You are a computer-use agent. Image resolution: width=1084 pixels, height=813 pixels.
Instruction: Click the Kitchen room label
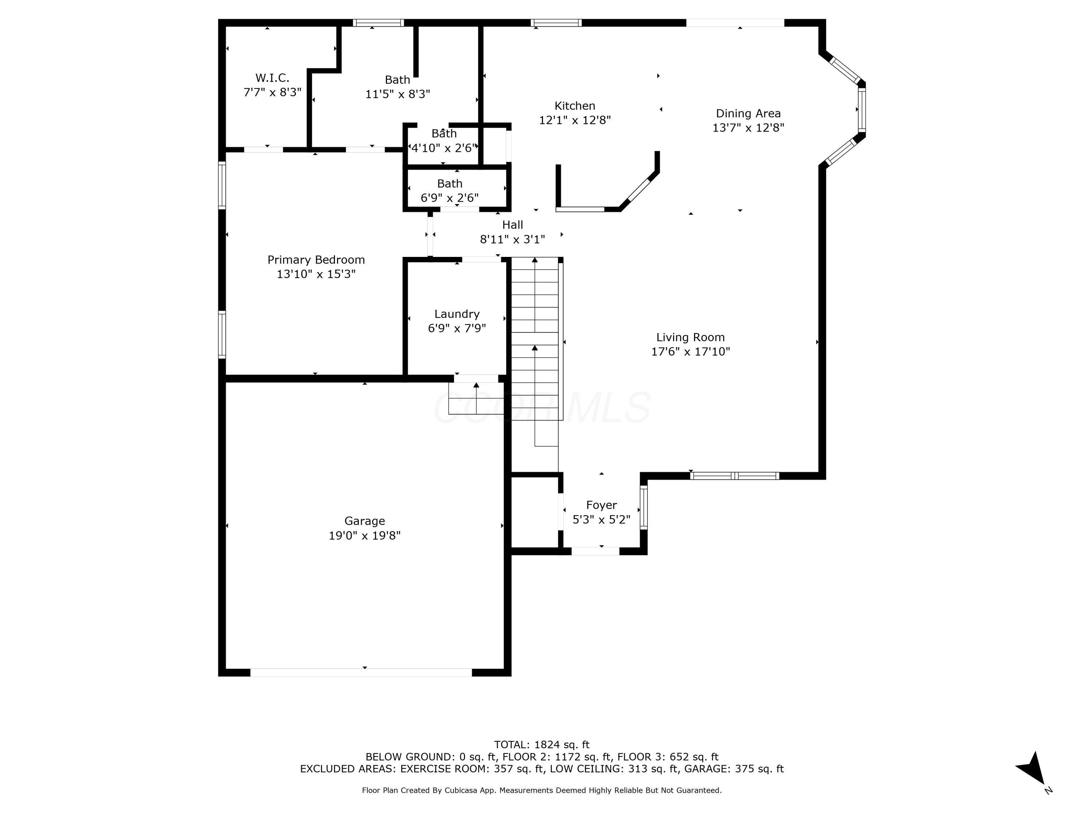tap(575, 106)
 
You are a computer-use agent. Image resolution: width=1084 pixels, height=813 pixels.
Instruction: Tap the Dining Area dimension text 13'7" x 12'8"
tap(748, 128)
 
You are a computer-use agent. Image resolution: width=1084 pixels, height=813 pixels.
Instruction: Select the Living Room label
tap(690, 337)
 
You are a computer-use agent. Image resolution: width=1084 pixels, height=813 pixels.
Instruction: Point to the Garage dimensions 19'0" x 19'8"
tap(364, 535)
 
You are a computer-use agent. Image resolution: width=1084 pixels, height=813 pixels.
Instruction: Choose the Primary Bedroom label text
tap(316, 260)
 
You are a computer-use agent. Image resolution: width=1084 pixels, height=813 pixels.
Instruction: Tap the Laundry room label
tap(457, 314)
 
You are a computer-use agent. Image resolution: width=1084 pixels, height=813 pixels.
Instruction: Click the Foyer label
tap(601, 505)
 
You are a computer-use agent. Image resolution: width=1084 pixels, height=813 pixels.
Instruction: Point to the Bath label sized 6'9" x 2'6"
tap(449, 184)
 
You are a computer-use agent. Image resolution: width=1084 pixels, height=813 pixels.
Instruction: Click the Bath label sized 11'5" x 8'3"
tap(397, 80)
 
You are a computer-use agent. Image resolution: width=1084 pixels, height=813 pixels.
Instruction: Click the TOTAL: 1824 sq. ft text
tap(542, 745)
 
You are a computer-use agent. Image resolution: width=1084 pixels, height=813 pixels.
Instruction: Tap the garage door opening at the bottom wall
tap(361, 672)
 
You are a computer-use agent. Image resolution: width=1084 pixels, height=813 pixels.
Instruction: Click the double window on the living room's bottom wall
tap(734, 476)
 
